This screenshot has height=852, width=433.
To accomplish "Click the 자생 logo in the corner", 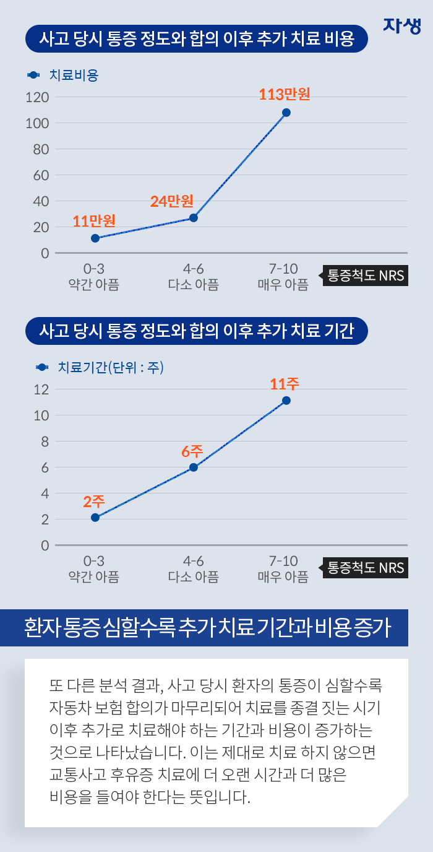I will (402, 25).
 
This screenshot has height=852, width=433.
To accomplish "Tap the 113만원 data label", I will (284, 95).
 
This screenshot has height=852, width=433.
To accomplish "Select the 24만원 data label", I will (172, 201).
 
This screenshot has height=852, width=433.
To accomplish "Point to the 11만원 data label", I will (94, 221).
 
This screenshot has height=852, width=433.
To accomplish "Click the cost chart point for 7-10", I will (286, 113).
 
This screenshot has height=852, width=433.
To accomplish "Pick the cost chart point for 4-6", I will (194, 218).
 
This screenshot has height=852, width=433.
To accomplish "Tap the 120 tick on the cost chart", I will (37, 97).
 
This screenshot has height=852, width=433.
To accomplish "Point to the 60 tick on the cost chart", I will (41, 175).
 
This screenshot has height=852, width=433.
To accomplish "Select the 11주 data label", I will (285, 384).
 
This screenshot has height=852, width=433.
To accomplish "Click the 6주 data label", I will (192, 451).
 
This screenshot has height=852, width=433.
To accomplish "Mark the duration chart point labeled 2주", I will (95, 518).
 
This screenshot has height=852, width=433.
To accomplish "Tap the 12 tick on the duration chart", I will (41, 389).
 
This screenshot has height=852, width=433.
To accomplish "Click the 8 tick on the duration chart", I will (44, 441).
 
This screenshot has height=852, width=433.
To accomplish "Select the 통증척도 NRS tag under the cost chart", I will (365, 276).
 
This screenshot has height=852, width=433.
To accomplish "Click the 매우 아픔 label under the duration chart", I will (283, 577).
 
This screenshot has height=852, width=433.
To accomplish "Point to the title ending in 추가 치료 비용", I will (196, 40).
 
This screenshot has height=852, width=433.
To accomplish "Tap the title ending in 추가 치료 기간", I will (196, 331).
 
